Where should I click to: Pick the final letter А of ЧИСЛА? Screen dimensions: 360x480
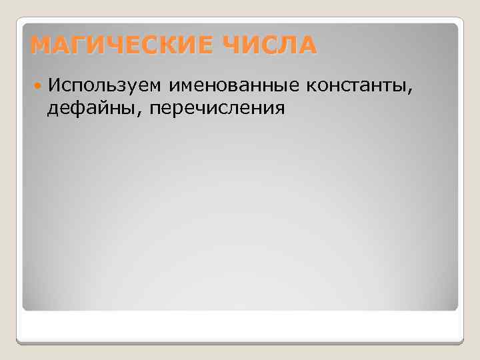307,46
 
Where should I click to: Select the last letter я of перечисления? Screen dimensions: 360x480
280,108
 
